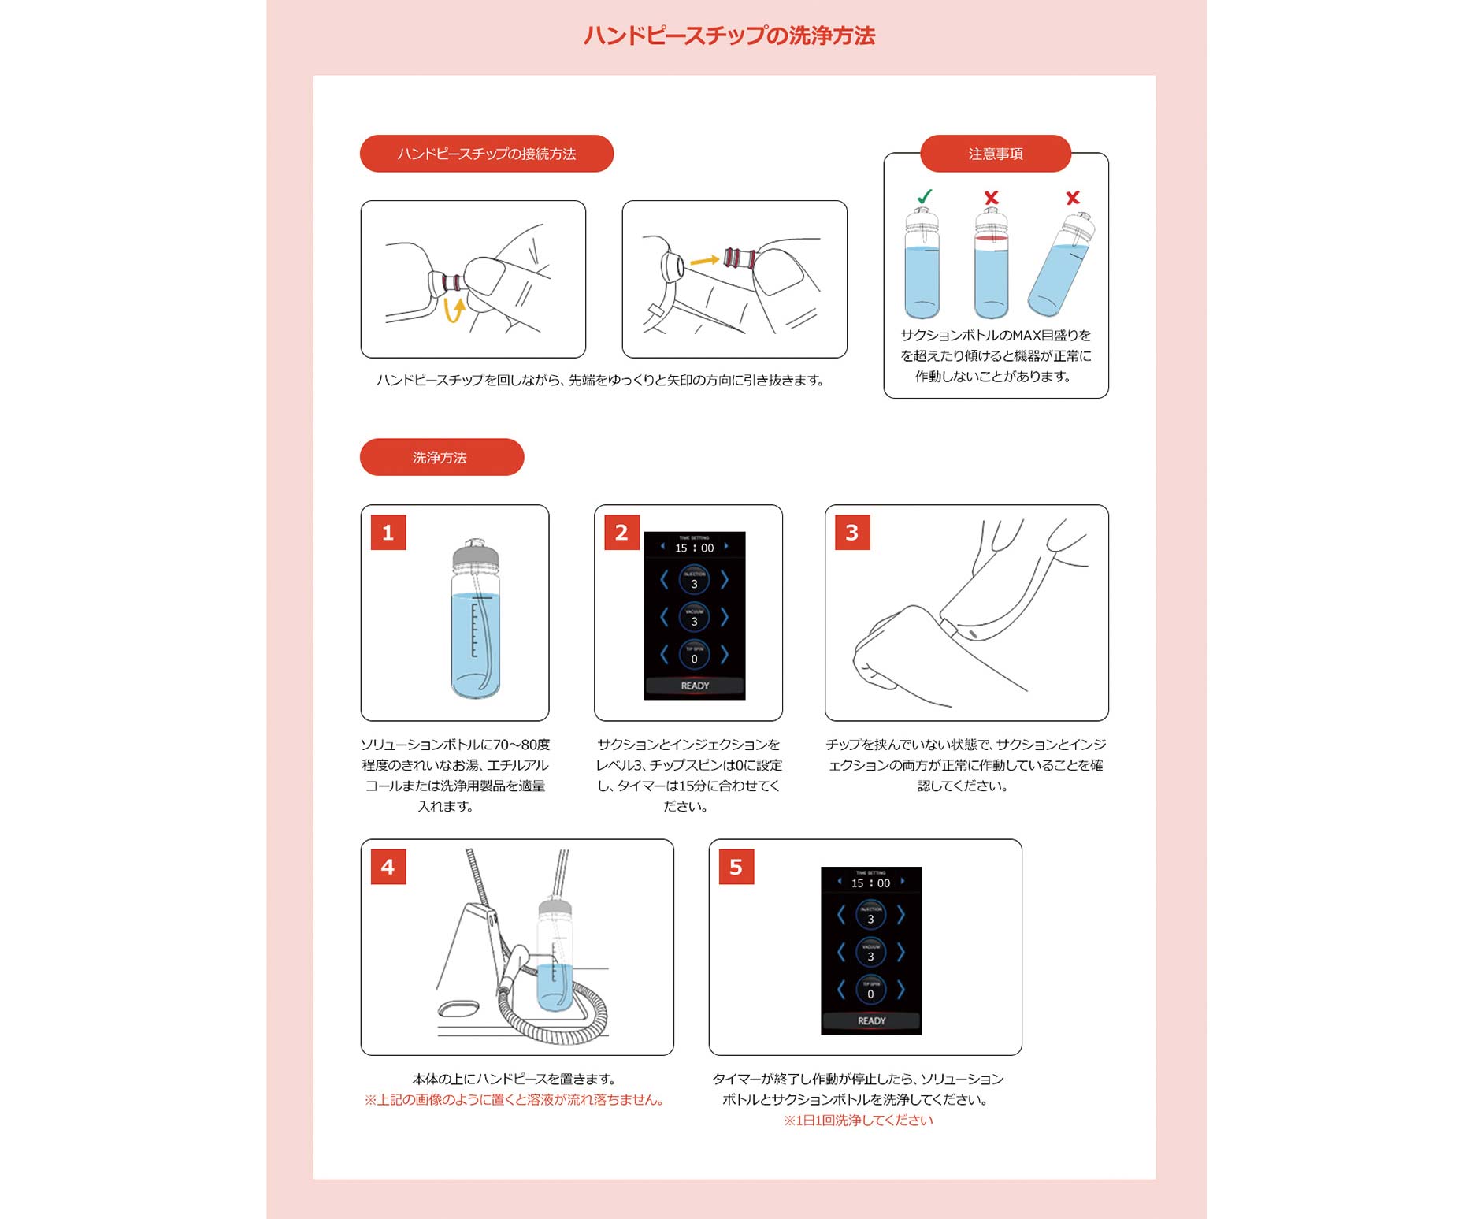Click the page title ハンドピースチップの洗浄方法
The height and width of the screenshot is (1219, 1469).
coord(729,36)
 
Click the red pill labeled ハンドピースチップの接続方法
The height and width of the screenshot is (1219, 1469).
coord(486,154)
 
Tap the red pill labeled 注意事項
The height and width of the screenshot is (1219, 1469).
coord(995,154)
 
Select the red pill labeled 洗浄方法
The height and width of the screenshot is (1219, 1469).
coord(441,457)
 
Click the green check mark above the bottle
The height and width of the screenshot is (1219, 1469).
coord(924,196)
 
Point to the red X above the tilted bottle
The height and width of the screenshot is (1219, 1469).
coord(1072,198)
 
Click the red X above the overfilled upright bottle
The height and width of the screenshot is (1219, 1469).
coord(991,198)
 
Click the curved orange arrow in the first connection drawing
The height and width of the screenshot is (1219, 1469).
coord(454,309)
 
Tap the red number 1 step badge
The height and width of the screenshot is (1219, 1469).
coord(388,533)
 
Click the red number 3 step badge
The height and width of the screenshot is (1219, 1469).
coord(851,533)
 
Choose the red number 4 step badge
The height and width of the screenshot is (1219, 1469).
coord(388,867)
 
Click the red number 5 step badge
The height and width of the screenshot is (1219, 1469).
coord(736,867)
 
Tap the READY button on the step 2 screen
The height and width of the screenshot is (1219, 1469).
coord(694,686)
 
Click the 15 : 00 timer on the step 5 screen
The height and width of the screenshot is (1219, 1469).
coord(870,883)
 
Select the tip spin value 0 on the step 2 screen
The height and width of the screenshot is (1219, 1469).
coord(694,658)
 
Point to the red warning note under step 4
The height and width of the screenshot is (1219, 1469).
coord(514,1100)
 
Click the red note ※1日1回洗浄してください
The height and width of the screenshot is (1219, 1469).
coord(858,1121)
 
